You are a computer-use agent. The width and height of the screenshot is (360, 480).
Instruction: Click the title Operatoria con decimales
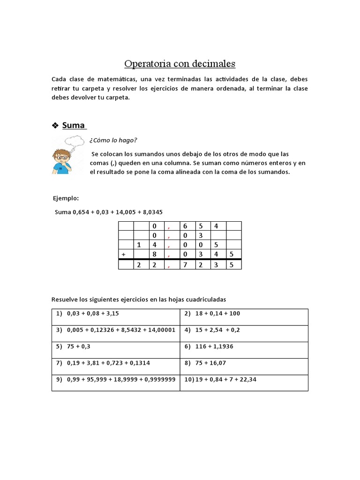click(180, 63)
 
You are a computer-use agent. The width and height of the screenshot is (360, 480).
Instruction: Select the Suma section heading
click(74, 125)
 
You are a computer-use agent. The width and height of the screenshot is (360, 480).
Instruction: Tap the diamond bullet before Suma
click(55, 125)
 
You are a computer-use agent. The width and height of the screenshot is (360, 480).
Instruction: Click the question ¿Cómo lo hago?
click(113, 140)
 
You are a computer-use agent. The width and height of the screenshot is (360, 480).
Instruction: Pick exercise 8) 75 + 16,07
click(206, 363)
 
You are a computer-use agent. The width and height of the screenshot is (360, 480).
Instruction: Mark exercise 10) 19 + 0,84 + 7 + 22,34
click(220, 379)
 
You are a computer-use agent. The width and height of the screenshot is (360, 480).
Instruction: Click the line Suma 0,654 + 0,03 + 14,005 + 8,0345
click(109, 212)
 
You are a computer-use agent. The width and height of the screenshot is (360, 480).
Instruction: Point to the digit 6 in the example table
click(185, 226)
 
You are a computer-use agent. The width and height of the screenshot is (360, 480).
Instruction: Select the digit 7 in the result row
click(185, 265)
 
